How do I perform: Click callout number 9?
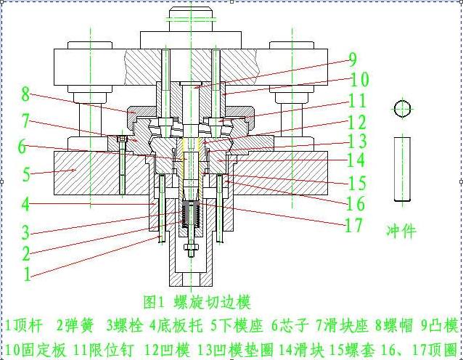click(x=352, y=60)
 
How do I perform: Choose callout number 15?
click(x=357, y=184)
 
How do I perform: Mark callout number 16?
click(x=356, y=204)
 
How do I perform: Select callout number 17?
click(x=353, y=226)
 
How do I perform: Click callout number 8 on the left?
click(x=25, y=94)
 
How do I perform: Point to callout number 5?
click(x=25, y=175)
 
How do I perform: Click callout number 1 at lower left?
click(x=27, y=274)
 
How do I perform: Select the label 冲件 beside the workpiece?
click(x=401, y=232)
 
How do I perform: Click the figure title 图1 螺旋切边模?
click(x=197, y=301)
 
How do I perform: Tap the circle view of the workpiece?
click(x=403, y=109)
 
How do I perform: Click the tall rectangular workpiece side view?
click(x=403, y=168)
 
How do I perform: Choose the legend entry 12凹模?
click(x=166, y=349)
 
